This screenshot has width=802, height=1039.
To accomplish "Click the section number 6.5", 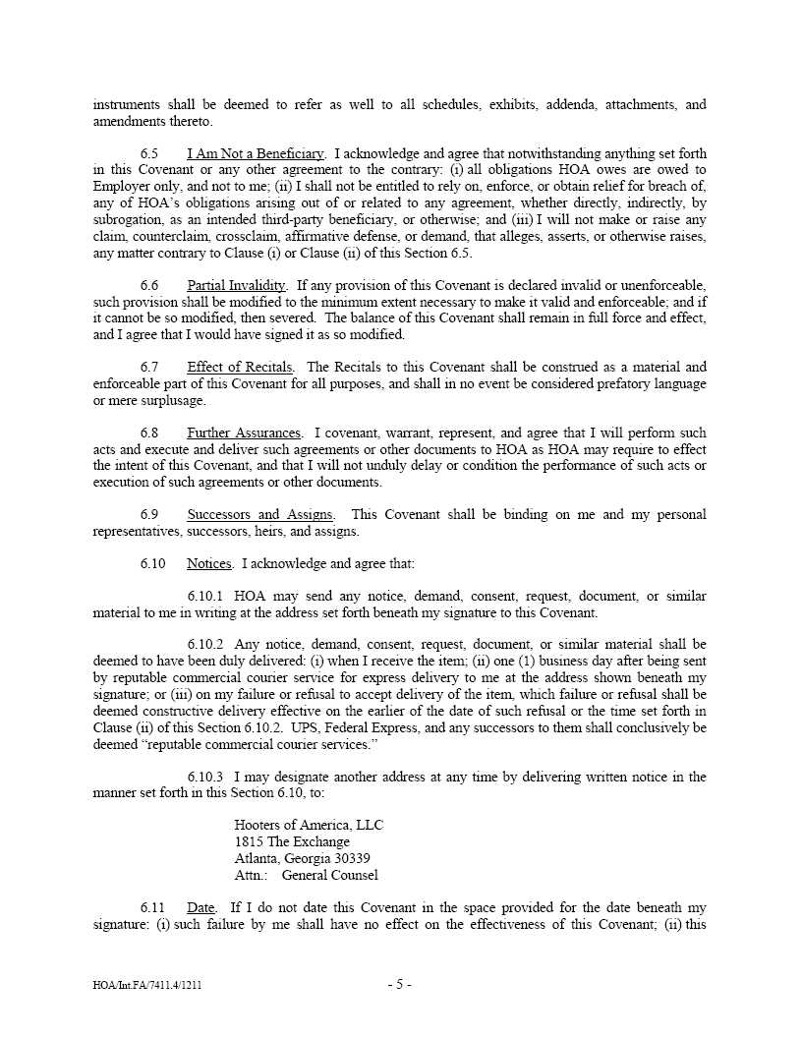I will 149,154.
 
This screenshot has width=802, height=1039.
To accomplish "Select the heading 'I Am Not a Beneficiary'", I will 256,154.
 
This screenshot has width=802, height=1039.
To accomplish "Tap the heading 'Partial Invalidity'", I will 237,286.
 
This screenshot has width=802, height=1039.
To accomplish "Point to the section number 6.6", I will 149,286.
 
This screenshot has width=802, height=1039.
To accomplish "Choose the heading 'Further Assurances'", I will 244,433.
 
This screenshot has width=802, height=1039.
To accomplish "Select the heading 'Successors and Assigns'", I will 259,515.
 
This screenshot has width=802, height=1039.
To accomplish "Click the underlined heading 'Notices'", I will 209,564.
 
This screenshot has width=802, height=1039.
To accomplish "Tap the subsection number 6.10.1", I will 205,597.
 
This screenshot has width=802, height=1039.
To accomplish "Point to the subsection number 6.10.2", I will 205,646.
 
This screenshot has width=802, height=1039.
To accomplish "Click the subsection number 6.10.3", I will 205,778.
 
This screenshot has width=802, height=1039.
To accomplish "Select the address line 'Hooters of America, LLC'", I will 309,826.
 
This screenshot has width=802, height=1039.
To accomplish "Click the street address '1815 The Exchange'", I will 292,842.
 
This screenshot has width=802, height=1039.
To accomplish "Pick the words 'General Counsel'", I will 329,875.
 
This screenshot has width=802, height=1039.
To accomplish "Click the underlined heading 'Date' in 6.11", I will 200,908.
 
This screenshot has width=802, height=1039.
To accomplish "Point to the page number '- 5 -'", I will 400,984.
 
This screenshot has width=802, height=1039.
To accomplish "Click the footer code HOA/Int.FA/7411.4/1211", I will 149,985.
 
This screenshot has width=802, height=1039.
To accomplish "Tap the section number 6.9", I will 149,515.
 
